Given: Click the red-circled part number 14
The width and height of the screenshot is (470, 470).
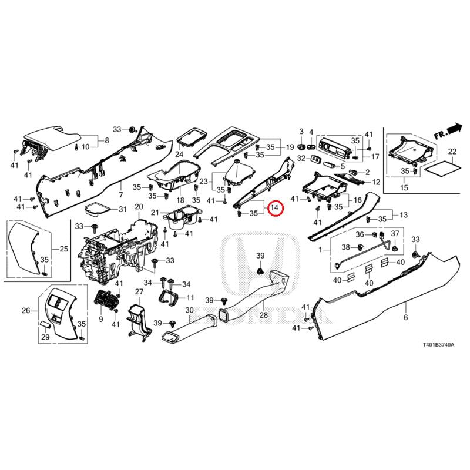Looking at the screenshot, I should coord(274,207).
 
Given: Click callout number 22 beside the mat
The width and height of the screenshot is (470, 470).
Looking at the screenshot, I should coord(452,152).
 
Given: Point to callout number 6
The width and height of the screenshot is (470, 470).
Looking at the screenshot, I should coord(405,317).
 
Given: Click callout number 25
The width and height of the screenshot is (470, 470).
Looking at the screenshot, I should coord(63,249).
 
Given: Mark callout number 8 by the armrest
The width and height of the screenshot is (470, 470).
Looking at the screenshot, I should coord(107,140).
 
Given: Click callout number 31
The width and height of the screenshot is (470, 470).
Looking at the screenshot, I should coord(122,210).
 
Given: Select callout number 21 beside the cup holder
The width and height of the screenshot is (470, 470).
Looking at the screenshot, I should coord(155,212).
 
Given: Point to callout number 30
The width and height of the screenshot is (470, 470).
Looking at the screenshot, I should coord(189,310).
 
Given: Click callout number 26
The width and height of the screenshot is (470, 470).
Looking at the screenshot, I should coord(26,311).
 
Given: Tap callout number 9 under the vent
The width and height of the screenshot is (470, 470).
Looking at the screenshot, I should coord(100,319).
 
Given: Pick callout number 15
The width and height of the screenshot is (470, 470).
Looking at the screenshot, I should coord(404,187).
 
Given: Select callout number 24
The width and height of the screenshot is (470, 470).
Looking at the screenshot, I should coord(179,155).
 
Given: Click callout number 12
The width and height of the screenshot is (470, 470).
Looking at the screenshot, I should coord(375,182).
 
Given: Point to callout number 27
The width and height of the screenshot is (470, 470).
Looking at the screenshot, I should coord(139,292).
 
